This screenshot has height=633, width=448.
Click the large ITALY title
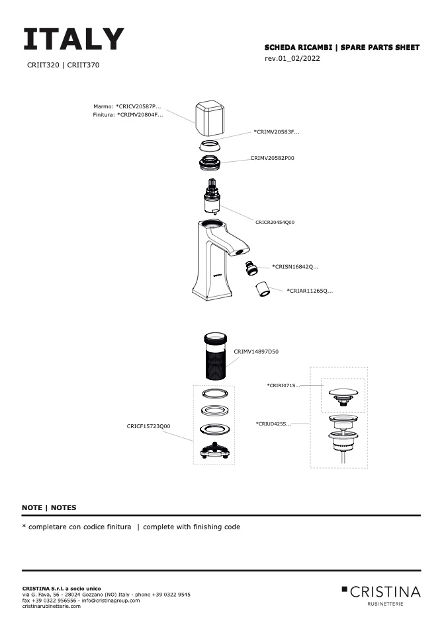[x=73, y=40]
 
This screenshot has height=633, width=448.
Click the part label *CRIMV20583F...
[x=277, y=132]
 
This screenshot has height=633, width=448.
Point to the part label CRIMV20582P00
[x=272, y=159]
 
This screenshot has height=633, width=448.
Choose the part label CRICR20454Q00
[x=275, y=223]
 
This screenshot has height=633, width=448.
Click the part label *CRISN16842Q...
[x=295, y=267]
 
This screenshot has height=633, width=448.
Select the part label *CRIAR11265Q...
[x=310, y=291]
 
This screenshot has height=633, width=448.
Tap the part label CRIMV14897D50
[x=256, y=352]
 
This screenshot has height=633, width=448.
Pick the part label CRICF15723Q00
[x=148, y=426]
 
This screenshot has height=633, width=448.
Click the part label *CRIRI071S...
[x=283, y=385]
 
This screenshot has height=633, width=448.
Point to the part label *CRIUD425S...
[x=273, y=424]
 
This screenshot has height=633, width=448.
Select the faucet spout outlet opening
[x=240, y=251]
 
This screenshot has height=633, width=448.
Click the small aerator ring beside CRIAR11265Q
[x=263, y=289]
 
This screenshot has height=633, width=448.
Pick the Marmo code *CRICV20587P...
[x=138, y=106]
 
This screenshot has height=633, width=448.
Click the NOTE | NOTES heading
[x=49, y=507]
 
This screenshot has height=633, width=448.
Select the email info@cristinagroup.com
[x=108, y=600]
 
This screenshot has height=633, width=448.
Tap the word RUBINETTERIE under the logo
[x=384, y=603]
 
